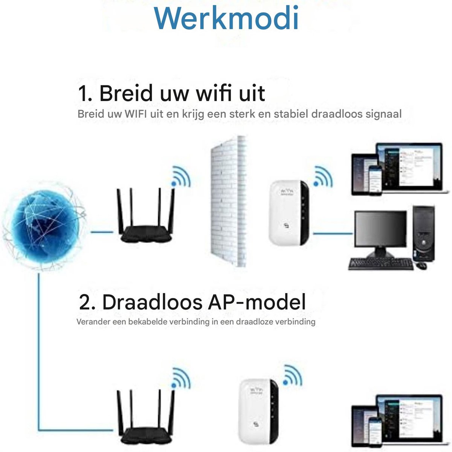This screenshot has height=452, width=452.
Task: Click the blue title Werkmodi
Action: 226,18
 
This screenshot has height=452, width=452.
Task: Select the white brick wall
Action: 228,202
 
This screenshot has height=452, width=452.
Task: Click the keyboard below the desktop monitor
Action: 381,264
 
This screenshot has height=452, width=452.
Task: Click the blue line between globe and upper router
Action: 102,232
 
